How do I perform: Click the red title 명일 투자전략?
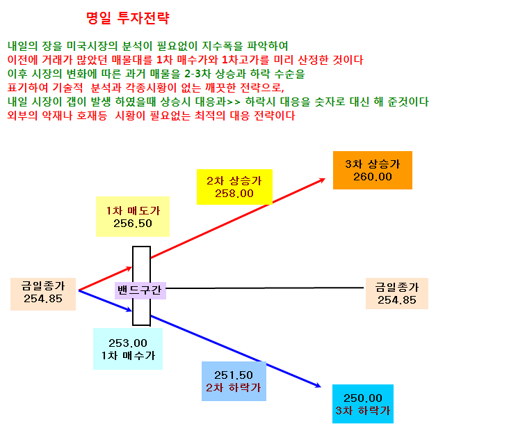pos(128,18)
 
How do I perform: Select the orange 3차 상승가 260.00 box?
pos(372,171)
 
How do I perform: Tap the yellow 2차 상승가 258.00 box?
pos(234,187)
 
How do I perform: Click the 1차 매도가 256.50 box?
pos(133,217)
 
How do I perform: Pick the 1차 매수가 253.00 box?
pos(128,349)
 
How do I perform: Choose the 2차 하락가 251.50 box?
pos(234,382)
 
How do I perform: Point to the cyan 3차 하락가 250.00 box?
pos(362,404)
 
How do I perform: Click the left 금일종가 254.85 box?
pos(43,294)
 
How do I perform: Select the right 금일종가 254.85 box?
pos(397,293)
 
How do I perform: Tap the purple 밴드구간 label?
pos(140,290)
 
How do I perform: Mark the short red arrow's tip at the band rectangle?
pos(132,267)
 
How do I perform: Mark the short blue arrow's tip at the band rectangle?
pos(132,311)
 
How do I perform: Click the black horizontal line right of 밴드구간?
pos(264,288)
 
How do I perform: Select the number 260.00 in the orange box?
pos(373,177)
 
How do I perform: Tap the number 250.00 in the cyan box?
pos(363,398)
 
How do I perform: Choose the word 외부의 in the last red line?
pos(22,116)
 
